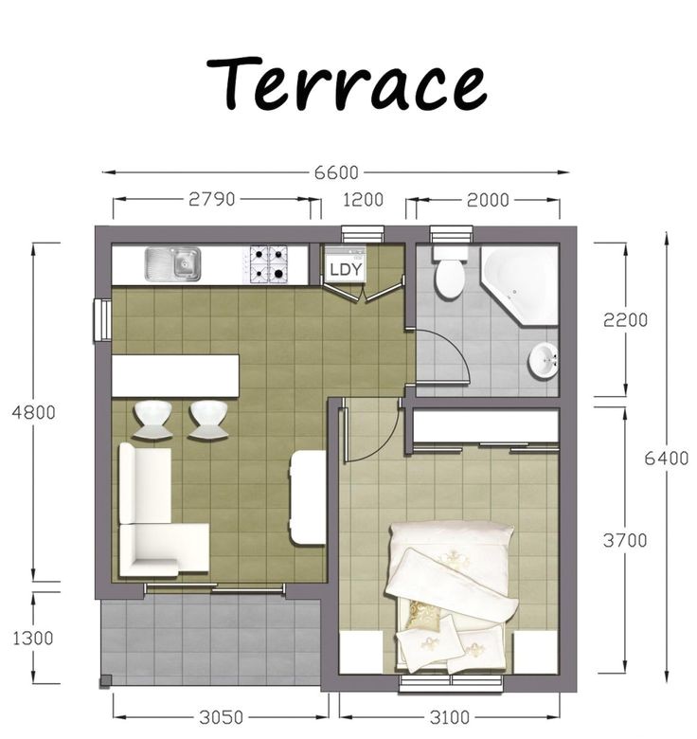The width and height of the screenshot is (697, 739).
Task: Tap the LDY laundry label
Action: coord(344,269)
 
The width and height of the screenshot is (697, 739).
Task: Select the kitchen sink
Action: coord(172,263)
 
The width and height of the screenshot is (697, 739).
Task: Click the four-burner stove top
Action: coord(269,264)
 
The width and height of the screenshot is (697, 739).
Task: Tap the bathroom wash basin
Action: coord(543,360)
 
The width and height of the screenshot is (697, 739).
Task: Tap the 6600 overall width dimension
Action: coord(335,173)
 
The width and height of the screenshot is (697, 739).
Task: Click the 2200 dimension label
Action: coord(625,320)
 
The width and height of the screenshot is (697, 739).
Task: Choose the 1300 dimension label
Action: coord(33,638)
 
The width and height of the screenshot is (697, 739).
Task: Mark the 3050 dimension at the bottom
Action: coord(221,717)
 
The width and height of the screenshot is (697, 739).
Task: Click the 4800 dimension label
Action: coord(33,412)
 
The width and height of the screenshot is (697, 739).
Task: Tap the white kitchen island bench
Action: coord(175,376)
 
